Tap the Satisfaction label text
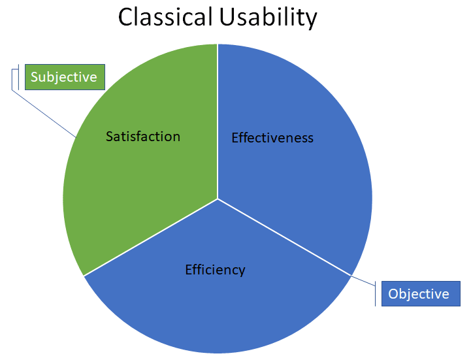[x=142, y=137]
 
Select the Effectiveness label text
[x=272, y=138]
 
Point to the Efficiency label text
[x=215, y=269]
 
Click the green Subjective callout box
[x=64, y=77]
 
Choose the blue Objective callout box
[x=419, y=294]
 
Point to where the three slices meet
[x=218, y=199]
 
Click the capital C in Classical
[x=126, y=18]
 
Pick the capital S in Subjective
[x=35, y=77]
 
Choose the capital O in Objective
[x=393, y=294]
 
